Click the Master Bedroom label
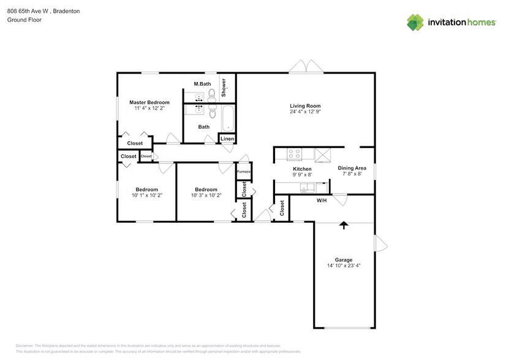[x=149, y=102]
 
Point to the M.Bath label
[x=202, y=84]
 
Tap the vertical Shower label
[x=224, y=87]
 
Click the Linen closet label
[x=227, y=139]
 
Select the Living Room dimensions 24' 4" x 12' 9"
[x=305, y=112]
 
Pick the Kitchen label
[x=302, y=168]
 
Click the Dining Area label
[x=352, y=168]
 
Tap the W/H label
[x=321, y=200]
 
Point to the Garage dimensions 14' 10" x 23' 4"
[x=344, y=266]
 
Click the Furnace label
[x=244, y=171]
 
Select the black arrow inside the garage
[x=344, y=225]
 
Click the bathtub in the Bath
[x=227, y=118]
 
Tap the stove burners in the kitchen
[x=294, y=154]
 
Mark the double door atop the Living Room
[x=306, y=67]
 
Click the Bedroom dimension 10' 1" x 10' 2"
[x=146, y=195]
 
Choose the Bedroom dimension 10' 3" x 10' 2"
[x=206, y=195]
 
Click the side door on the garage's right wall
[x=380, y=243]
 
